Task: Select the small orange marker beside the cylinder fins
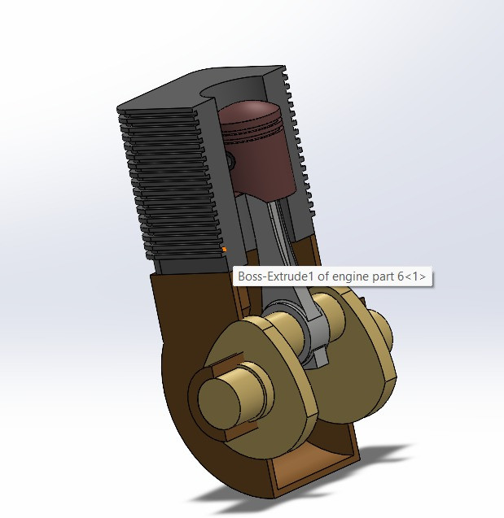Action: coord(224,248)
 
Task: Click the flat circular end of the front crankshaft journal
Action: coord(221,399)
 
